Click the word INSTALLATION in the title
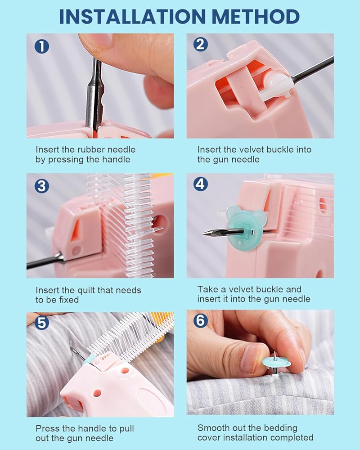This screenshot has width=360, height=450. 132,17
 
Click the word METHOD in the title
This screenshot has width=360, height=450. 256,17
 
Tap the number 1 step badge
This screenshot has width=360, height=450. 42,46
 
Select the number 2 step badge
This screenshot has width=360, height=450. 200,45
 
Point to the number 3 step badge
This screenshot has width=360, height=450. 42,186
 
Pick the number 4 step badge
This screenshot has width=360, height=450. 200,184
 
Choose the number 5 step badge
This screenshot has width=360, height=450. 42,323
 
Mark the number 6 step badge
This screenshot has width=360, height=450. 200,320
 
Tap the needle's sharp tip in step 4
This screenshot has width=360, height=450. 203,234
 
